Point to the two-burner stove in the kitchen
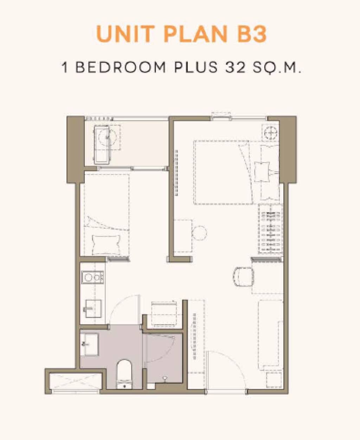[92, 277]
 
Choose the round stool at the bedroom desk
[199, 233]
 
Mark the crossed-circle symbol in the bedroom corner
[270, 133]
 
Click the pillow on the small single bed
[106, 244]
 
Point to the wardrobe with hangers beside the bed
[271, 229]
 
